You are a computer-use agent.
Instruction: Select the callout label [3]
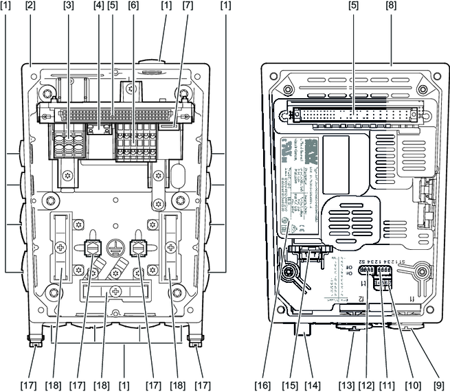(68, 6)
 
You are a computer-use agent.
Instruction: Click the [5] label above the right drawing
(352, 6)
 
